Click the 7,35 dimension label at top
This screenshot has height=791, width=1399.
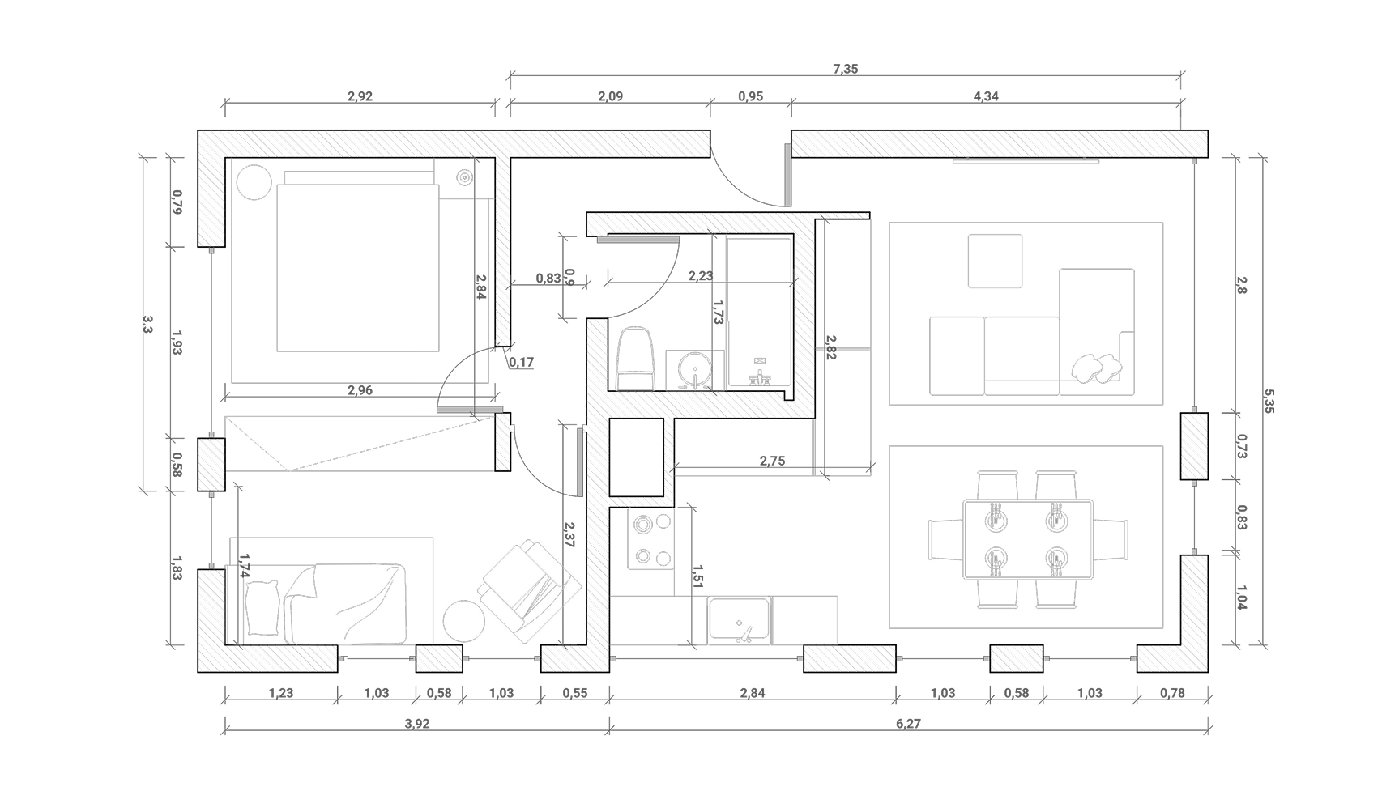tap(845, 69)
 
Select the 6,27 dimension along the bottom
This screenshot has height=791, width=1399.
tap(909, 724)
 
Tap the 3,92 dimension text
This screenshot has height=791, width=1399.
tap(417, 724)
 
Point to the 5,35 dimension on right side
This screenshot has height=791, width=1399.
tap(1269, 401)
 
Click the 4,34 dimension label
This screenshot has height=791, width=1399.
tap(986, 96)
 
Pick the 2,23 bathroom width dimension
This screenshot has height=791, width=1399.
tap(701, 275)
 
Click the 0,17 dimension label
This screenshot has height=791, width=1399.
tap(522, 362)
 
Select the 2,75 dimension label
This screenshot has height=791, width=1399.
tap(772, 461)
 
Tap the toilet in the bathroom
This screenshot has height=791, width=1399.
tap(636, 359)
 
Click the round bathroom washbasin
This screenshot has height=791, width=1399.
tap(694, 372)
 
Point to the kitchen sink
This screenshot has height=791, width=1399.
tap(739, 621)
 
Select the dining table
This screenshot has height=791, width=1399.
tap(1027, 539)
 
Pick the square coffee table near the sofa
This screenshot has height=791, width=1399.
tap(995, 261)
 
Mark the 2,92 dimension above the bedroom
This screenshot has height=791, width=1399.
tap(360, 96)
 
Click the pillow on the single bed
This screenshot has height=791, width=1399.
tap(262, 607)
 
